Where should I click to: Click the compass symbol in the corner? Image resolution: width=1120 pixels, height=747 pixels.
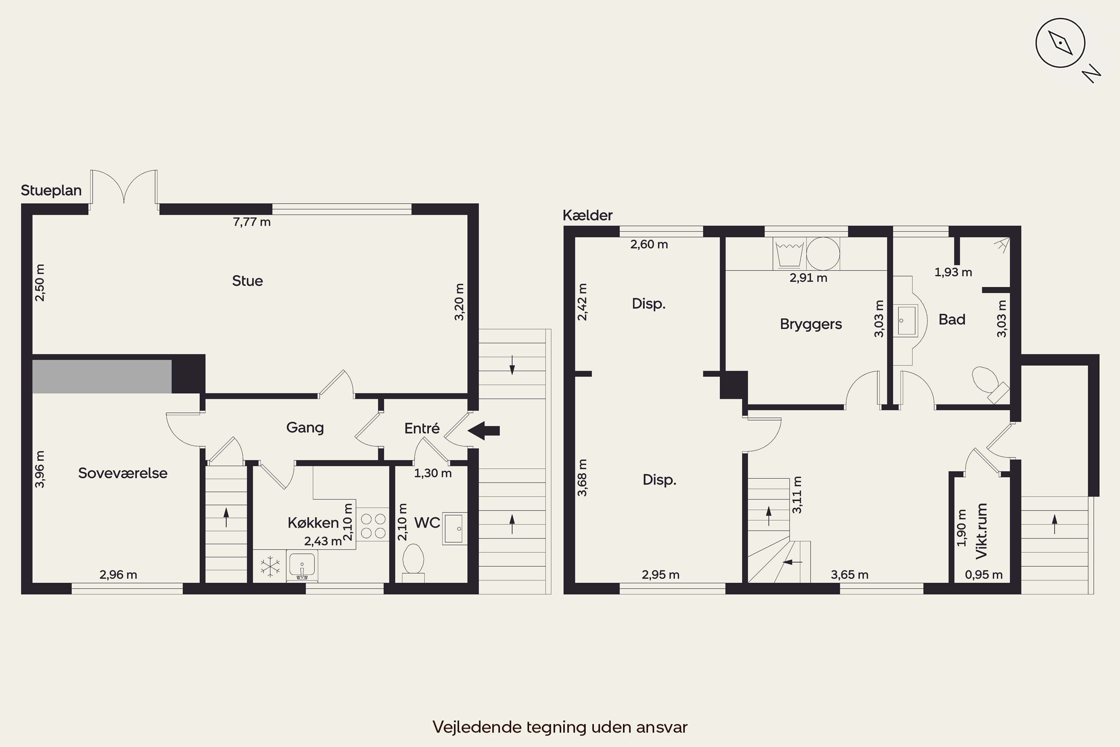point(1061,43)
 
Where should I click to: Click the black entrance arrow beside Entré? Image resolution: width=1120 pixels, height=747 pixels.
point(483,431)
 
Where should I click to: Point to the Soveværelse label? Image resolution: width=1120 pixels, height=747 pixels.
point(123,473)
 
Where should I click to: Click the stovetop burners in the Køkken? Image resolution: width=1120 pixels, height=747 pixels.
point(373,526)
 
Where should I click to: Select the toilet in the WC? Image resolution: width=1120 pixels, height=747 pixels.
point(413,562)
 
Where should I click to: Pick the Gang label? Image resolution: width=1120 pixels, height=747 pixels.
point(305,427)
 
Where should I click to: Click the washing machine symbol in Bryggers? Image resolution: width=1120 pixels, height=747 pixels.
point(790,254)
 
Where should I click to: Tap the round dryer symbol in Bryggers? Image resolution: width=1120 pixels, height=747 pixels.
point(823,254)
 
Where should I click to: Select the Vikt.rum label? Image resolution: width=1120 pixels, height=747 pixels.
point(981,531)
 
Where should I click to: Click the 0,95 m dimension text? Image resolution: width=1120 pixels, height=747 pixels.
point(984,575)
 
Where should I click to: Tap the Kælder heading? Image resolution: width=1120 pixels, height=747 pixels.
point(588,216)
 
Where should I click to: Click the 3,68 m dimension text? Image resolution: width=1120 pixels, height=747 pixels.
point(582,477)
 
